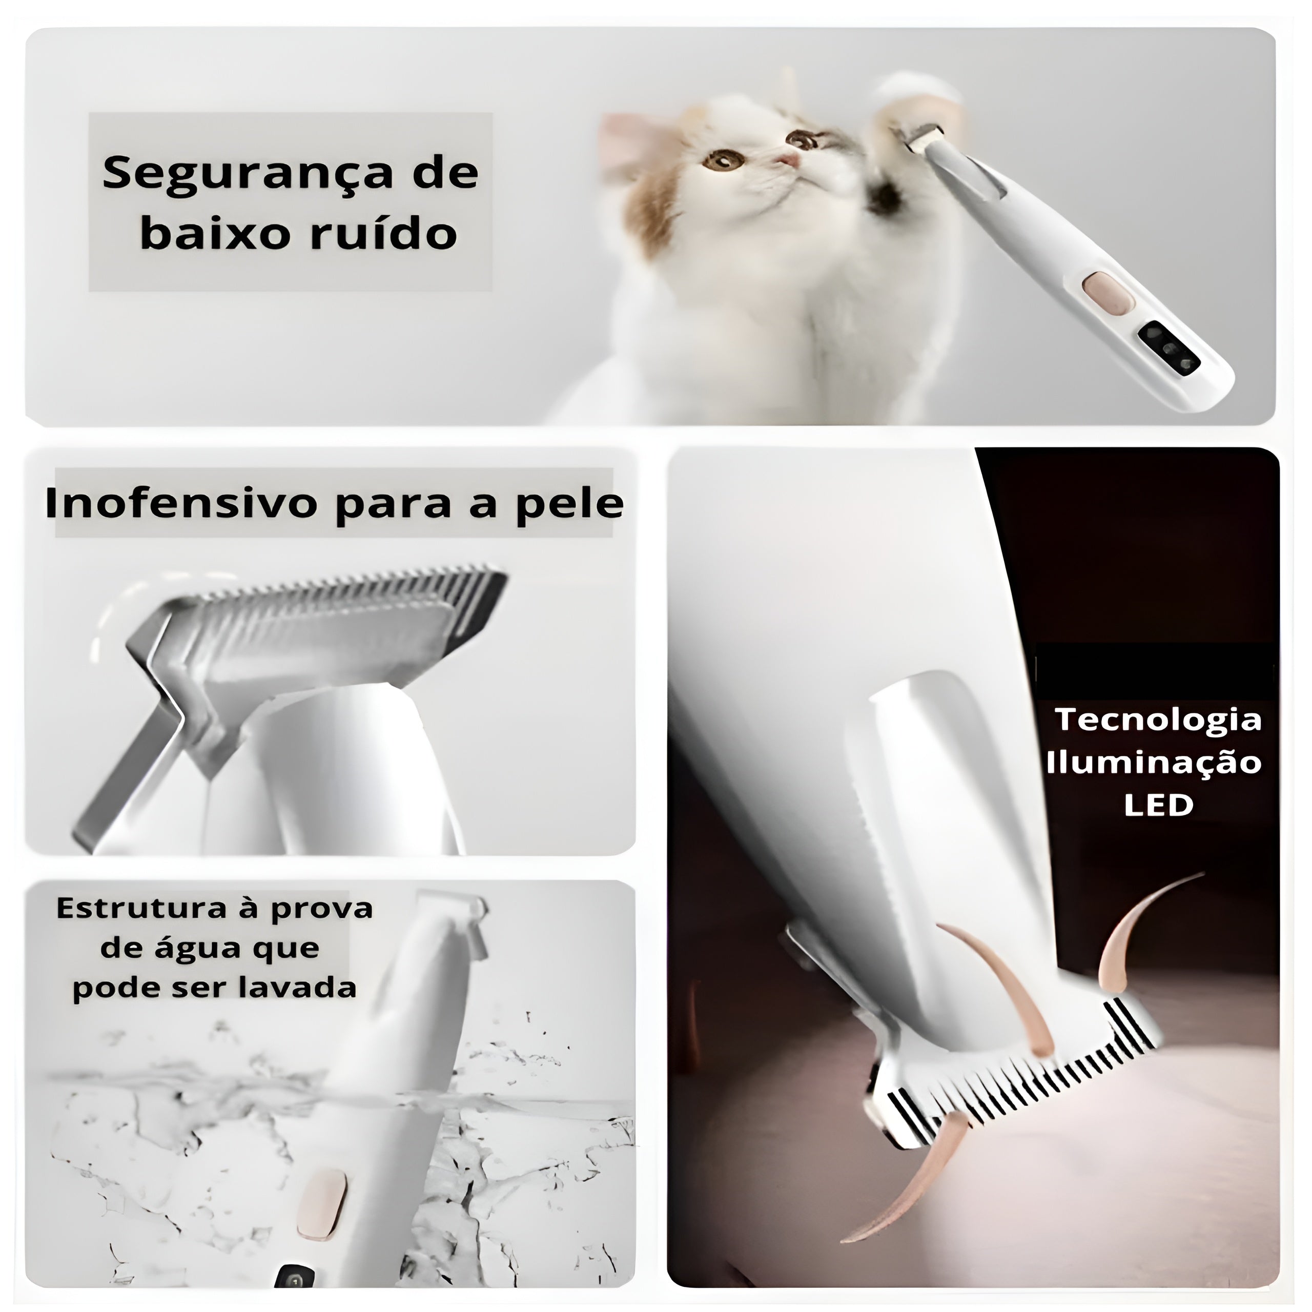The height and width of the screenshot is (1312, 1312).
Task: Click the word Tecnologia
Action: click(1158, 721)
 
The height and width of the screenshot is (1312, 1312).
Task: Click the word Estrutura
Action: click(141, 909)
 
